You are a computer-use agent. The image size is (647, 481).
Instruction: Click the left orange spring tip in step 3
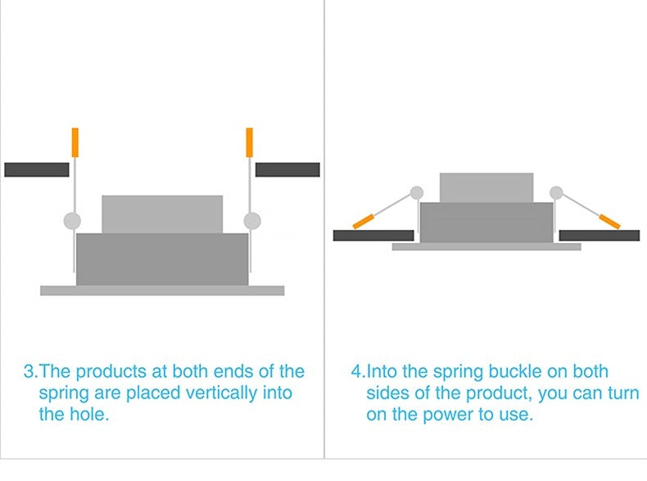[x=75, y=142]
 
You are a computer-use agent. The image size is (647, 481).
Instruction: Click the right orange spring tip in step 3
[x=249, y=142]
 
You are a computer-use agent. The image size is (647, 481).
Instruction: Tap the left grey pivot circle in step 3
[x=72, y=220]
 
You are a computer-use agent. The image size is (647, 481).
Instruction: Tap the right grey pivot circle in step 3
[x=252, y=220]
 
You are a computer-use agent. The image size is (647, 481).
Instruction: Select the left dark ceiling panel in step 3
[x=36, y=169]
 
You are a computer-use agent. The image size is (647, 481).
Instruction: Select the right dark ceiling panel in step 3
[x=287, y=169]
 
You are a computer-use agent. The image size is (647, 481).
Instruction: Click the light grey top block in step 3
[x=162, y=214]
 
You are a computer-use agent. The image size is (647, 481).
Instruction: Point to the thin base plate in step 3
[x=162, y=290]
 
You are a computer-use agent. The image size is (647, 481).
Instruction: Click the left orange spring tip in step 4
[x=364, y=220]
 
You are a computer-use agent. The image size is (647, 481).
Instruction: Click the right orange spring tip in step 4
[x=610, y=220]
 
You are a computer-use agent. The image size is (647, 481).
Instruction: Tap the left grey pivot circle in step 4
[x=417, y=193]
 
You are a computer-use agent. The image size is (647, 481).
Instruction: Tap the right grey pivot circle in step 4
[x=557, y=193]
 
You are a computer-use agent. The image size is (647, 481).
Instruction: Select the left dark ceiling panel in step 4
[x=373, y=236]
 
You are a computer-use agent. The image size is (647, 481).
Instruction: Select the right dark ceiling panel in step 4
[x=599, y=236]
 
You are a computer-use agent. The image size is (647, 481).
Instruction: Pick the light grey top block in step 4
[x=486, y=187]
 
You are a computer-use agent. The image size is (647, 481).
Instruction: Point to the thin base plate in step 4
[x=486, y=246]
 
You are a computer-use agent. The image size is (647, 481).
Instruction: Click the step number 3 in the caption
[x=29, y=371]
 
